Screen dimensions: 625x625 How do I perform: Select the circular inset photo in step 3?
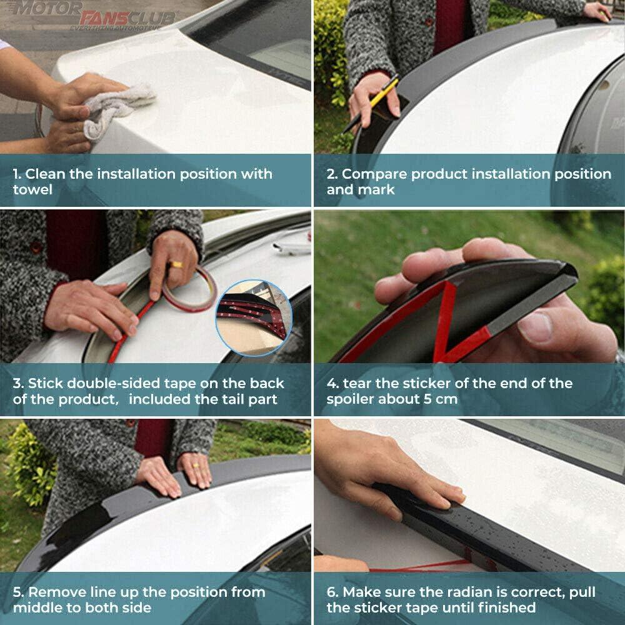tap(254, 317)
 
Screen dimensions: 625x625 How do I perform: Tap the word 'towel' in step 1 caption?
tap(32, 189)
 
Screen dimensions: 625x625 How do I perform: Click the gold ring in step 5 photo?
tap(196, 465)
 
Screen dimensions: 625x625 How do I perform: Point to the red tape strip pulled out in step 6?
tap(419, 566)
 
